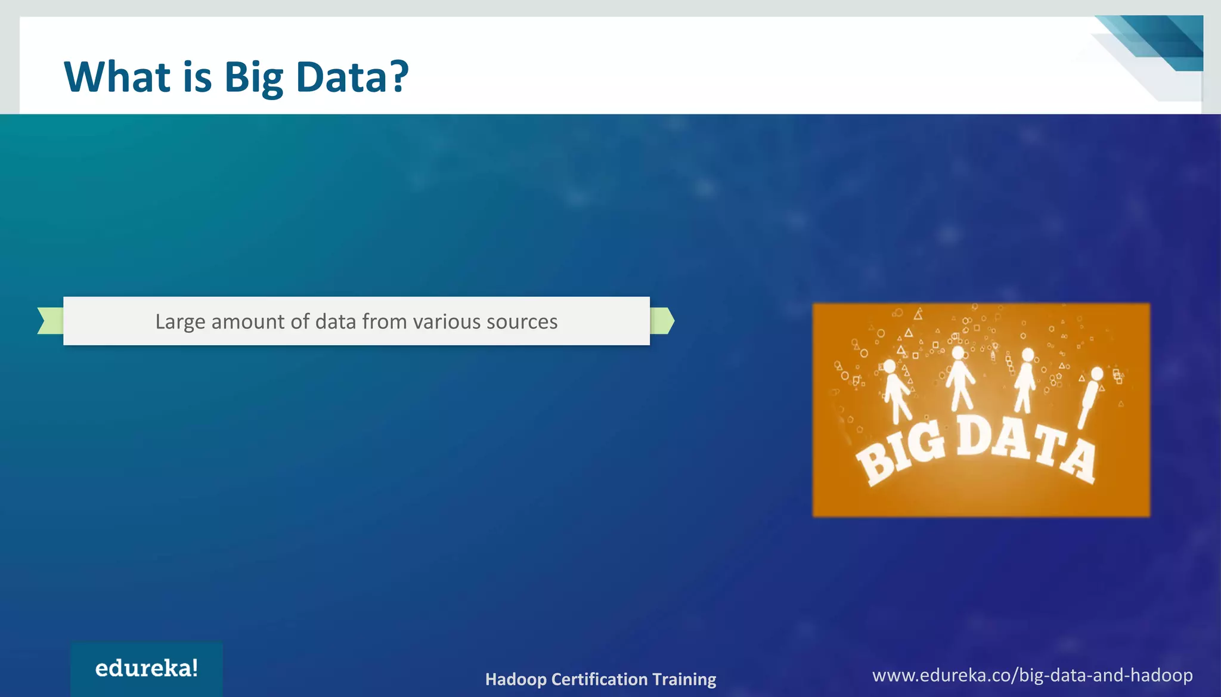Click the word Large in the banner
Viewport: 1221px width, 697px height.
(180, 322)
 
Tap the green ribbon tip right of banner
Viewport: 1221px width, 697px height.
(662, 321)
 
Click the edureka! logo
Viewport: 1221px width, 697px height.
(147, 668)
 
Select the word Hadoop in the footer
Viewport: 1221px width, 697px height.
(516, 679)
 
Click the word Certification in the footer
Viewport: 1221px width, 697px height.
(599, 679)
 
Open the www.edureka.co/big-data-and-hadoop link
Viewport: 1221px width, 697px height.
(1032, 675)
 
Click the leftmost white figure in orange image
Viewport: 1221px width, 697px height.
(895, 391)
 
